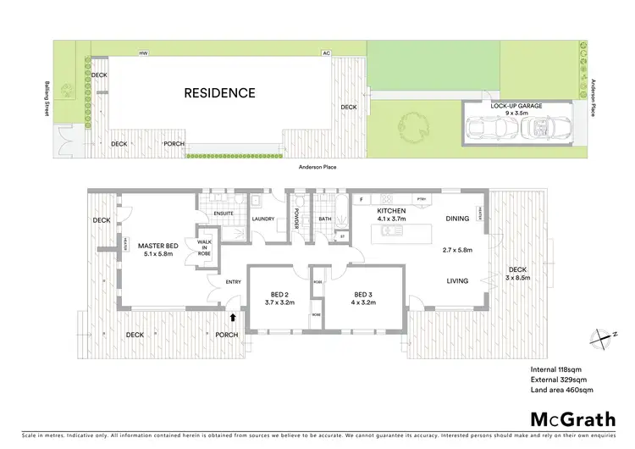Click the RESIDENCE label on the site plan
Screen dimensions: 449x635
click(x=218, y=93)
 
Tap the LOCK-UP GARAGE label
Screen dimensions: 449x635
click(x=516, y=106)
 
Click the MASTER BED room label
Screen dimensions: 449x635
click(x=158, y=247)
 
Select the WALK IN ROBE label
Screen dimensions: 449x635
click(x=205, y=247)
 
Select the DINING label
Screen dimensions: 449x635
click(x=457, y=219)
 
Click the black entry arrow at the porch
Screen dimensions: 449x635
click(x=234, y=319)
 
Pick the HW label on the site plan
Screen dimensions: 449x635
click(x=143, y=53)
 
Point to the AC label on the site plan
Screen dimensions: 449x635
click(x=326, y=53)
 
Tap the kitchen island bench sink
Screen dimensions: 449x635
click(x=391, y=230)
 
